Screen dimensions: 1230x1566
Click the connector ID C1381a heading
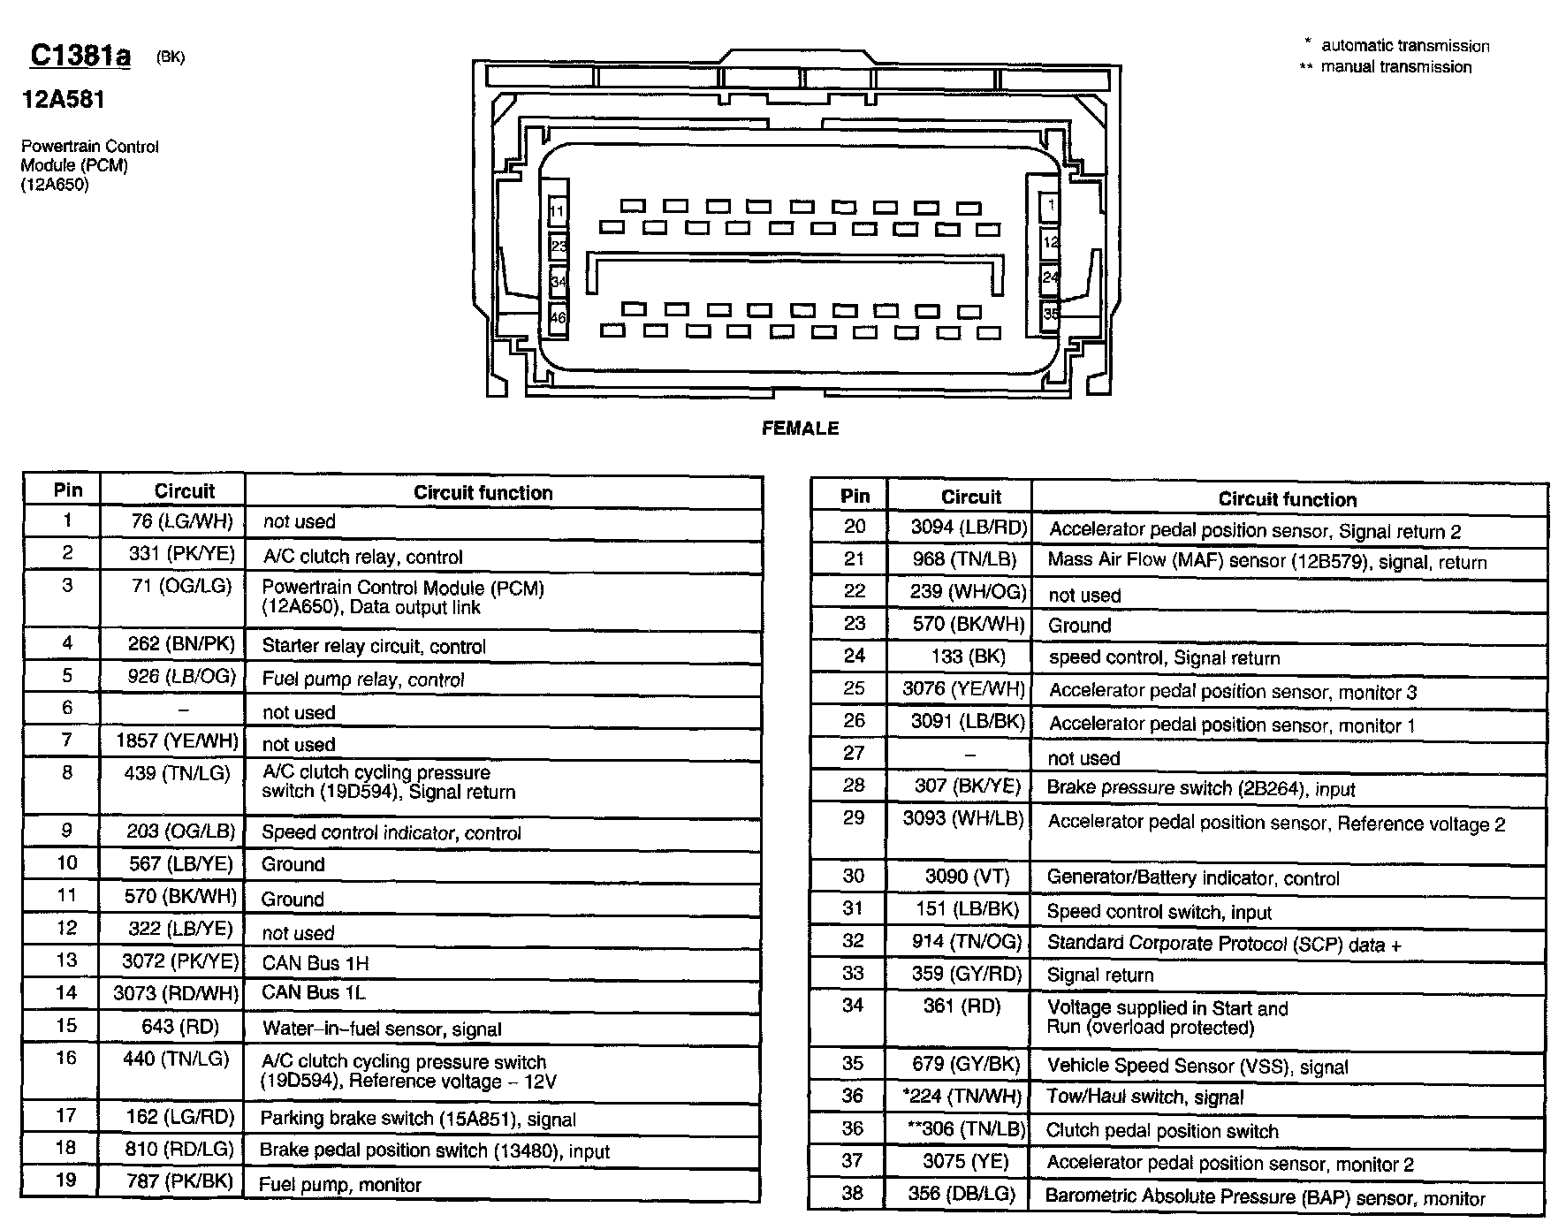(80, 56)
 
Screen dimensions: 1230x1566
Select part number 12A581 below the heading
(64, 99)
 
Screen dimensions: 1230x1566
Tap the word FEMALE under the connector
(800, 429)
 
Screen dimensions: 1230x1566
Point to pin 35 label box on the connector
(1050, 314)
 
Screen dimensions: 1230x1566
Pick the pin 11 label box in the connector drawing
(558, 212)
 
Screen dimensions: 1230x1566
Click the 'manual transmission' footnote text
(1395, 67)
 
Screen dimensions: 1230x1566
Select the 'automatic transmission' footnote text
(1405, 46)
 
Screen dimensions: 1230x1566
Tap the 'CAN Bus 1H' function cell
(315, 962)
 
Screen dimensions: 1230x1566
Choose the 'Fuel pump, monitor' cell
(340, 1185)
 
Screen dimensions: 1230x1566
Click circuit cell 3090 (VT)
(967, 877)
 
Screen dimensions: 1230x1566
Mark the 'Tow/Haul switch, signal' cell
(1144, 1097)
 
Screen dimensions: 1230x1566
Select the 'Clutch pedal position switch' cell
(1162, 1131)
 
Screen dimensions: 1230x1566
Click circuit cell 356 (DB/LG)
(964, 1195)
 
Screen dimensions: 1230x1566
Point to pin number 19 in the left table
(66, 1181)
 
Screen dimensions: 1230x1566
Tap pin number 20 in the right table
(854, 527)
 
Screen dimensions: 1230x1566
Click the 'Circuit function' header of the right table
(1287, 499)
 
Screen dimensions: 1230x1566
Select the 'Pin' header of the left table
(68, 490)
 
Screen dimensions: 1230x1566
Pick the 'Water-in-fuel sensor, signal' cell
(382, 1029)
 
